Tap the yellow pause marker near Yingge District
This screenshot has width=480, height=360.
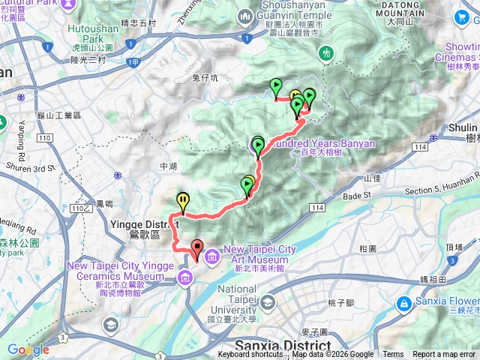tap(183, 200)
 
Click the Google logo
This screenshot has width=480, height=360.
tap(28, 349)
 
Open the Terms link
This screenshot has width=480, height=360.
tap(393, 355)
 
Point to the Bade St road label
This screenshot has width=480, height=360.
tap(357, 195)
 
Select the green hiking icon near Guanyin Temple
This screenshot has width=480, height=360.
tap(326, 53)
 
